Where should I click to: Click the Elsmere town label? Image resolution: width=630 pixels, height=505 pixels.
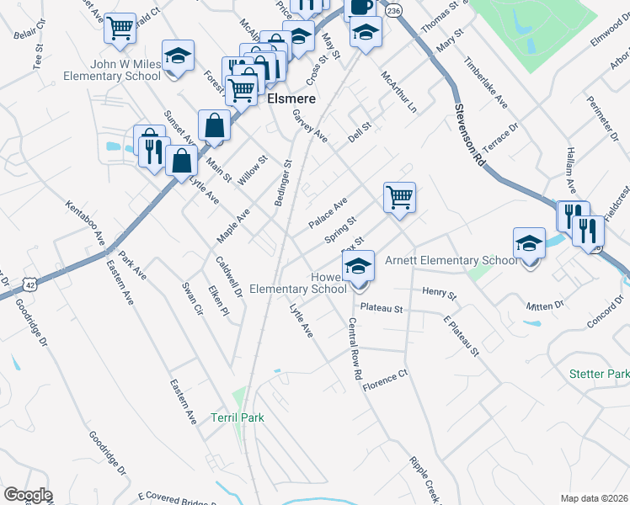point(291,98)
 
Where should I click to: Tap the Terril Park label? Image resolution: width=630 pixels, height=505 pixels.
point(238,417)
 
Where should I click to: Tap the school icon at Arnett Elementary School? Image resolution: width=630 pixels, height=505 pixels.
point(529,244)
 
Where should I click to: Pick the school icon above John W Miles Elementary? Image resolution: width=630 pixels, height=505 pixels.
point(176,56)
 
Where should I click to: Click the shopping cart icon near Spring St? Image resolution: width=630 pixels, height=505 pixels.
point(399,198)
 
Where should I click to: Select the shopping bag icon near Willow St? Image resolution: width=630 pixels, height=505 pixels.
point(215,125)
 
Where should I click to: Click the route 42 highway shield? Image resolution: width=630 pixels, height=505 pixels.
point(29,284)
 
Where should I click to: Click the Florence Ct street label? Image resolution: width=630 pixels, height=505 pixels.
point(385,380)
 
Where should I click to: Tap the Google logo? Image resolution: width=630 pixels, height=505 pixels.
point(28,495)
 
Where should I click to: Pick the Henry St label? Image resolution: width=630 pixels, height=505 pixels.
point(439,295)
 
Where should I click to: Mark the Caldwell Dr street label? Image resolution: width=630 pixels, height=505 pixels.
point(228,277)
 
